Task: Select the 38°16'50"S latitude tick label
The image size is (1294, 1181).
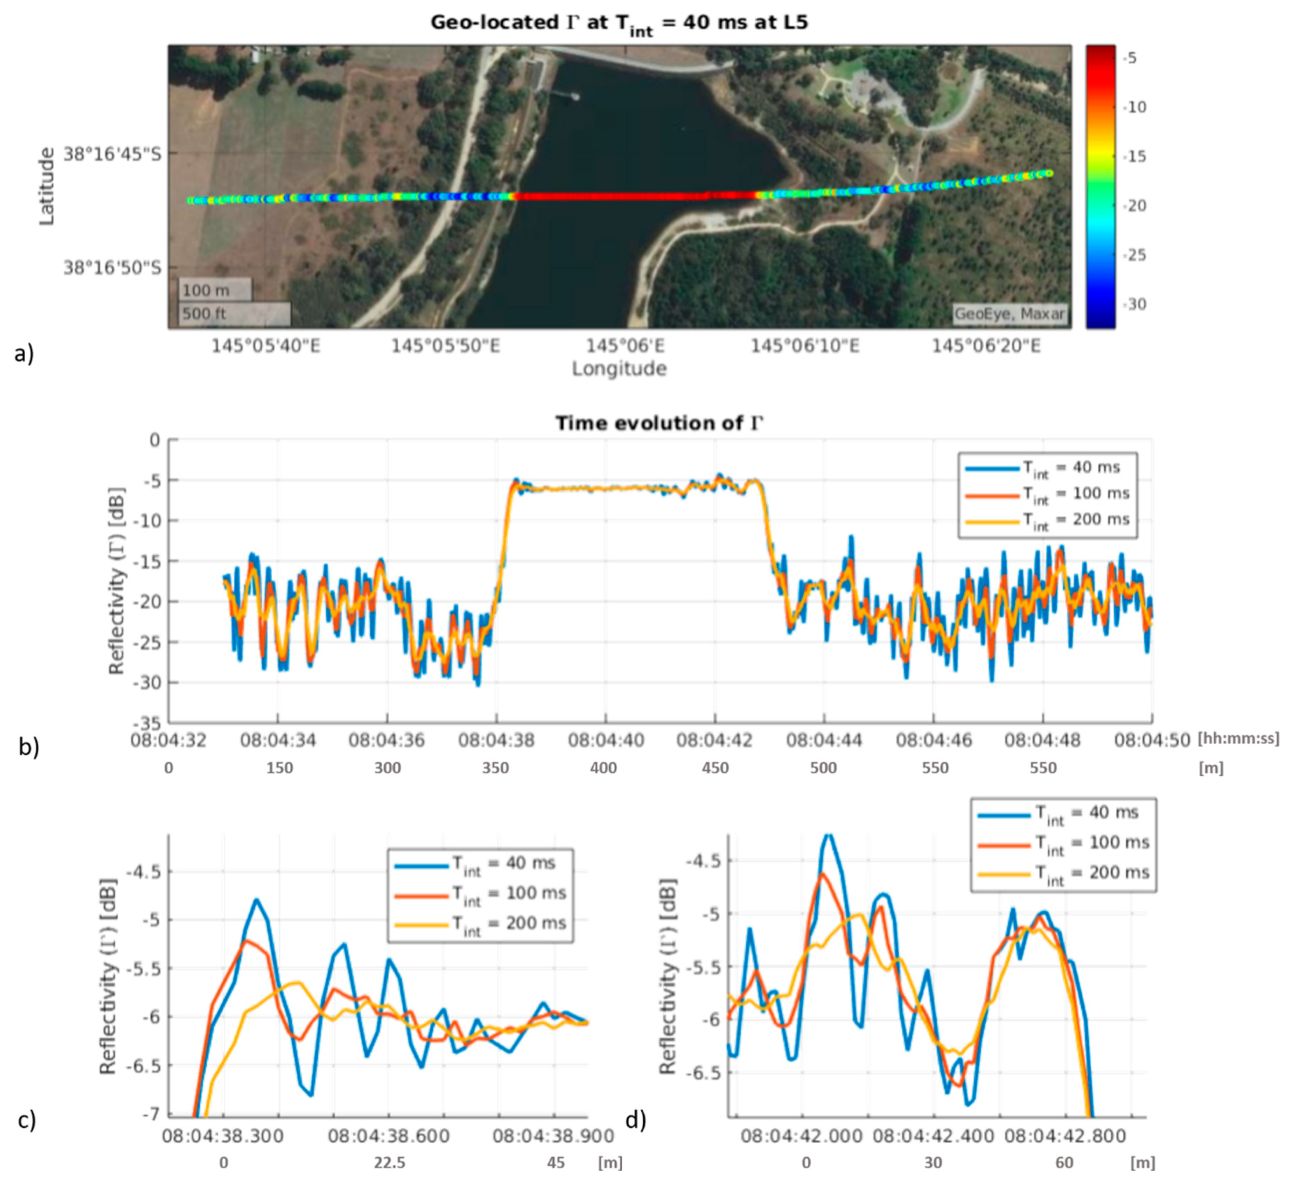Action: click(x=112, y=267)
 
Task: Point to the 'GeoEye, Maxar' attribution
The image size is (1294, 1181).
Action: click(x=1009, y=314)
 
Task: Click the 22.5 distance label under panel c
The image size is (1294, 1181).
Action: click(x=390, y=1162)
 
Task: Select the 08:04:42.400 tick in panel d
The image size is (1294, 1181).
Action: click(x=934, y=1136)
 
